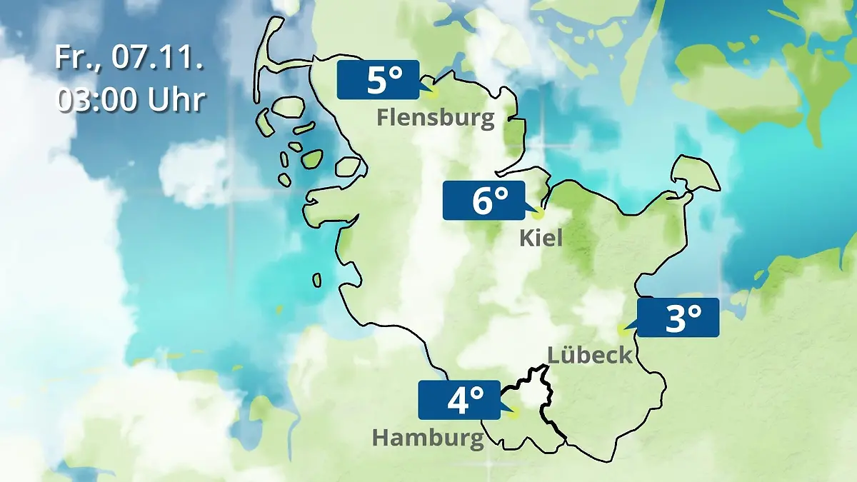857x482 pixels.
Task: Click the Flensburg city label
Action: tap(436, 117)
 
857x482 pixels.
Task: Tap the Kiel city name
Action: tap(541, 237)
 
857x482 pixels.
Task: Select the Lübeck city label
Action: tap(590, 354)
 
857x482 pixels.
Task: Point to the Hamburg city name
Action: tap(428, 437)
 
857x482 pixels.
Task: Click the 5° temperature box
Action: tap(378, 80)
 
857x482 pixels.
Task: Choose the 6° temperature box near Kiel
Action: tap(483, 201)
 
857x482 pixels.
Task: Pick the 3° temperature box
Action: tap(678, 318)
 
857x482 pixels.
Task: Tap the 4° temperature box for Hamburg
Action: tap(459, 400)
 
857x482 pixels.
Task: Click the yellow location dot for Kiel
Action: tap(538, 213)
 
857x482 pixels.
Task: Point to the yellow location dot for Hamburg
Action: tap(514, 413)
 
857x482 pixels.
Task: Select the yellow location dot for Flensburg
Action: tap(431, 91)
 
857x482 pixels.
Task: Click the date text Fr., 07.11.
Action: tap(129, 58)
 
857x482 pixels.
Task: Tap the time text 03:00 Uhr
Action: tap(131, 99)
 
